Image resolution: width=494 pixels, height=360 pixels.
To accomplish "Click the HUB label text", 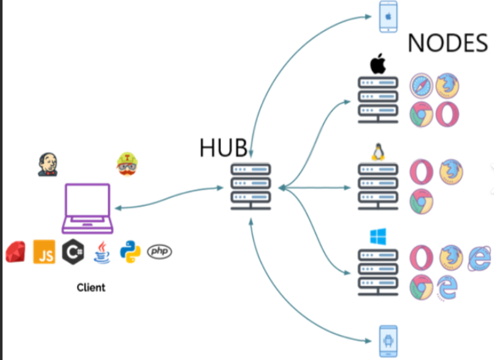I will (x=223, y=147).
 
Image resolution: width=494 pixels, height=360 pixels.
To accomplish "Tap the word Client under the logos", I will (x=91, y=287).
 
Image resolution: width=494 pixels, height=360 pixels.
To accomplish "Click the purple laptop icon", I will (x=87, y=208).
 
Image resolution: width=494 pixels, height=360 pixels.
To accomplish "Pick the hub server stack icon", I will (x=251, y=187).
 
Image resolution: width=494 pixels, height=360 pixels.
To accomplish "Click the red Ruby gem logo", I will (x=16, y=252).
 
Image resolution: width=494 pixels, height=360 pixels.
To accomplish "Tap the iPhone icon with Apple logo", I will (x=389, y=16).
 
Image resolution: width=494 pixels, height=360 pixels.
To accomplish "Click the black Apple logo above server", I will (x=378, y=64).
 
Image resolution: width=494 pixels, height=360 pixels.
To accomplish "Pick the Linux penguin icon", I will (x=378, y=151).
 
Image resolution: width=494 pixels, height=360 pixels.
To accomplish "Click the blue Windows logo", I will (x=378, y=236).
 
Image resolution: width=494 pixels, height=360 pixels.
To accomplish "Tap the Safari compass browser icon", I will (x=421, y=86).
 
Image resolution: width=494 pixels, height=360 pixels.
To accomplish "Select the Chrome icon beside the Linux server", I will (x=421, y=201).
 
